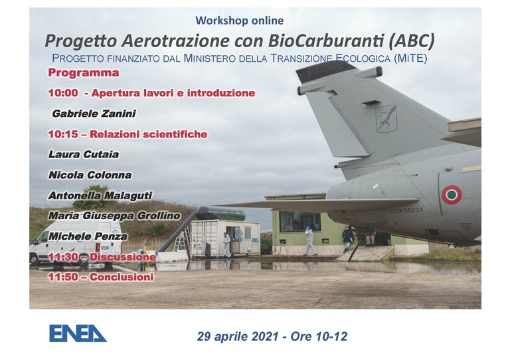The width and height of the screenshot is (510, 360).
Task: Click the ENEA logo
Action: pos(78,333)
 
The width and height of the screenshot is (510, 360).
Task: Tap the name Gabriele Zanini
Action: pos(94,114)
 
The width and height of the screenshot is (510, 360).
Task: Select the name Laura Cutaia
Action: pos(84,154)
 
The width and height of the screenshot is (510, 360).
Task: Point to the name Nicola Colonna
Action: pos(90,175)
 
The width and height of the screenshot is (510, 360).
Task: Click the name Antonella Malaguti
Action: pos(100,195)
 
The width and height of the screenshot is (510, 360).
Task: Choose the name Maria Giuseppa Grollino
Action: pos(114,216)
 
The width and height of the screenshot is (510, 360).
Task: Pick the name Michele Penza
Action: pos(88,236)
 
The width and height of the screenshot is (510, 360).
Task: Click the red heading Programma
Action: pos(84,73)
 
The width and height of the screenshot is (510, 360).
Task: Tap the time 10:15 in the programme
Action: pos(63,134)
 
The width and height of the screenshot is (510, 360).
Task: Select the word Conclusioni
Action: pos(122,277)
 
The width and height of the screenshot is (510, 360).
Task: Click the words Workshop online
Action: pos(240,21)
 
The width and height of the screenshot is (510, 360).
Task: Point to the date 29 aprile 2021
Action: pos(238,336)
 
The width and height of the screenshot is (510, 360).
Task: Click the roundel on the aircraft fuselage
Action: pos(452,195)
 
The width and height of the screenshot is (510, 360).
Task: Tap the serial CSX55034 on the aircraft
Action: pos(406,211)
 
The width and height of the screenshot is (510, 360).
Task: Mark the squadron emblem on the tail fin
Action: pos(386,119)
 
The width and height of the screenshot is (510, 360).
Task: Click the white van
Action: pos(76,242)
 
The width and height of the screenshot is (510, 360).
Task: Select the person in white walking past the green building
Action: pos(309,240)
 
